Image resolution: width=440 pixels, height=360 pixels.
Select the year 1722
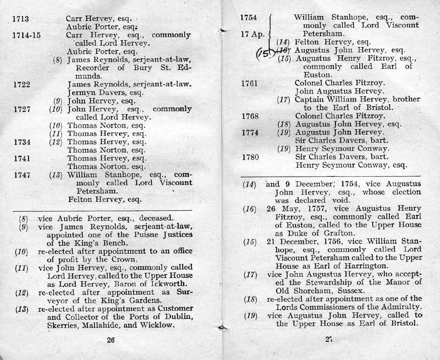pos(22,84)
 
